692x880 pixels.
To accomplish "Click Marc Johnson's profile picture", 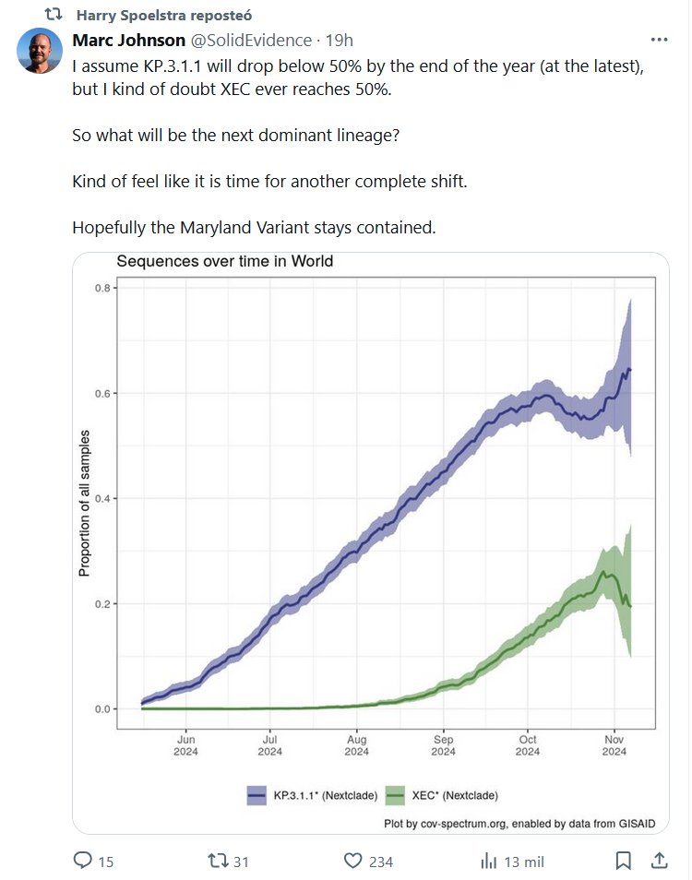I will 40,51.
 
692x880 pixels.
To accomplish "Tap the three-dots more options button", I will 659,40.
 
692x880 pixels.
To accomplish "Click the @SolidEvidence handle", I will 250,41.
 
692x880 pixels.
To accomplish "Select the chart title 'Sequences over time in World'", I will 224,261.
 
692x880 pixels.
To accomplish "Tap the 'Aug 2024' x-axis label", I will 356,745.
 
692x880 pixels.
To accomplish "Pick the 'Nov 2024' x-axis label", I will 614,745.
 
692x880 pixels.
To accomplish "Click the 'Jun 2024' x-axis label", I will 185,745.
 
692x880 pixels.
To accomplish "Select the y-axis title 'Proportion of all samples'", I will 85,503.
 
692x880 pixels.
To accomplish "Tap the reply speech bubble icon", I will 83,861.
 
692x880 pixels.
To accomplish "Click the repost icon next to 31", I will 218,861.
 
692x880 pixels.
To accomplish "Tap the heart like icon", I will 352,861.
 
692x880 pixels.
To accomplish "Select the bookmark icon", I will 624,861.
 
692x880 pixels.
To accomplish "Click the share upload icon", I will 659,861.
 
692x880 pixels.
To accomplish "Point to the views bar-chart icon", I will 489,861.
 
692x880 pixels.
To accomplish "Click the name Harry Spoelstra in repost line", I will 137,16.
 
